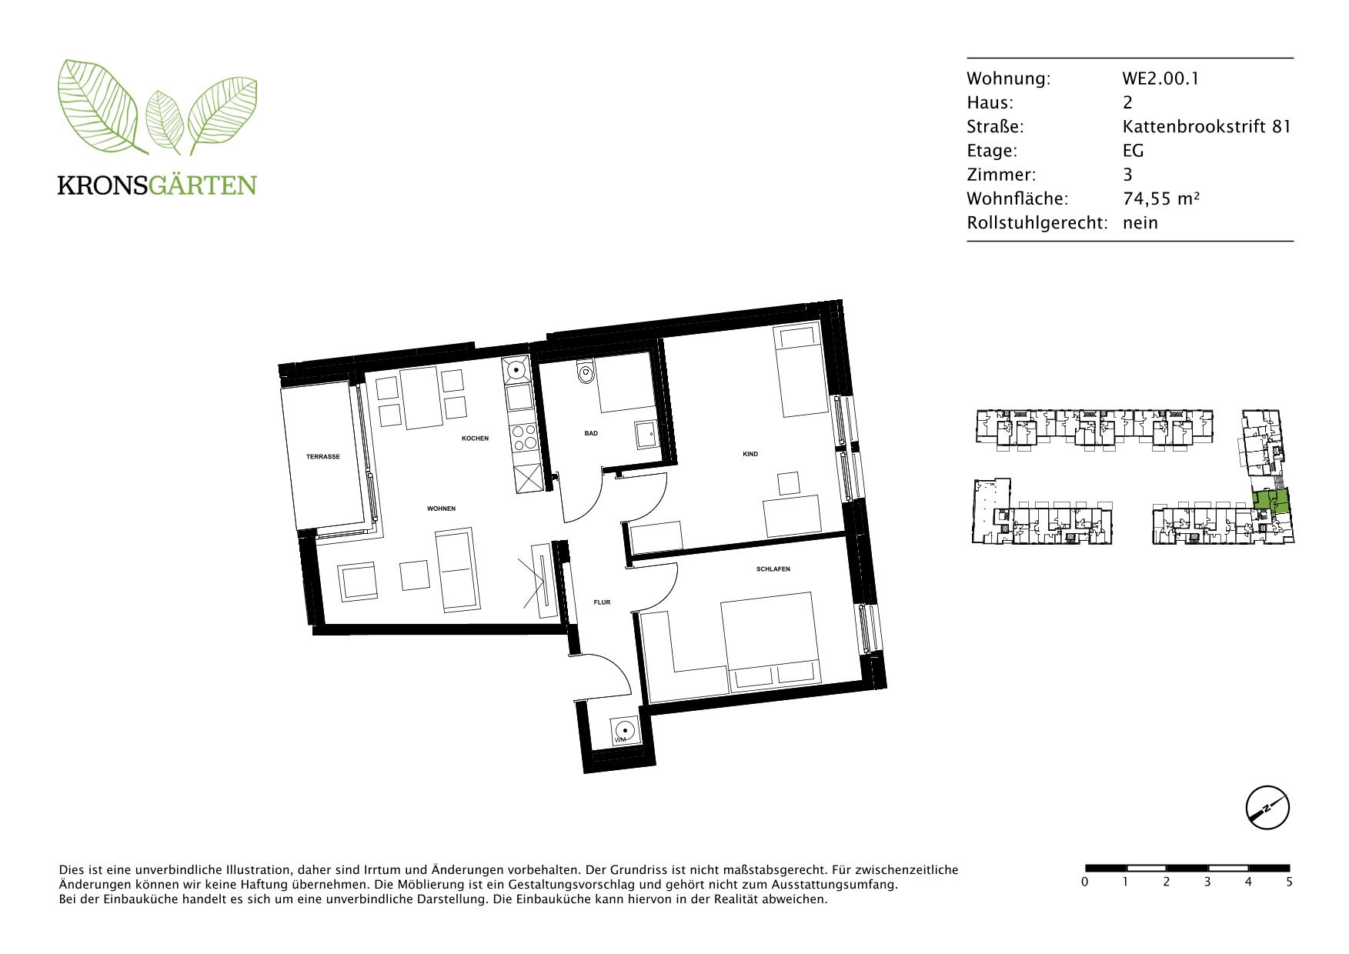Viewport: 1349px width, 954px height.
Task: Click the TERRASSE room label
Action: [322, 457]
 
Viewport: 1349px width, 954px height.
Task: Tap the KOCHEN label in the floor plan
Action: [475, 439]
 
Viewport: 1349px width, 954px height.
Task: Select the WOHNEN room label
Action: [441, 509]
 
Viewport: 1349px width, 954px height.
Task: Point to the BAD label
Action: [591, 433]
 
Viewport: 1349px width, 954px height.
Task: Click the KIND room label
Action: [750, 454]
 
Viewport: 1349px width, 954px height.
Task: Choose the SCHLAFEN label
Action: [773, 569]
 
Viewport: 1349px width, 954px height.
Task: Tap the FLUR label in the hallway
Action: [602, 602]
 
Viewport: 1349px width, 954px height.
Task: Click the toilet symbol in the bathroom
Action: [586, 374]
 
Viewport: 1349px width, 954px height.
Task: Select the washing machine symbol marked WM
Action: [624, 731]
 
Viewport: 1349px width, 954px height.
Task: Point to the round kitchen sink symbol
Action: [516, 371]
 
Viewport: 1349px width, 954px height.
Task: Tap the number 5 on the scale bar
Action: [1289, 882]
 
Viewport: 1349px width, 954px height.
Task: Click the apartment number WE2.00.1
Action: [1160, 78]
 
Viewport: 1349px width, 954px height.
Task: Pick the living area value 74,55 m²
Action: [1161, 198]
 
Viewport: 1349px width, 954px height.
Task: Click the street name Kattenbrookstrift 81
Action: [1207, 126]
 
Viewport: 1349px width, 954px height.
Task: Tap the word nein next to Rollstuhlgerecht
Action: [1140, 223]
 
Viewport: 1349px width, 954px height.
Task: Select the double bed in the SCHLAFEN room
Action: [768, 638]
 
